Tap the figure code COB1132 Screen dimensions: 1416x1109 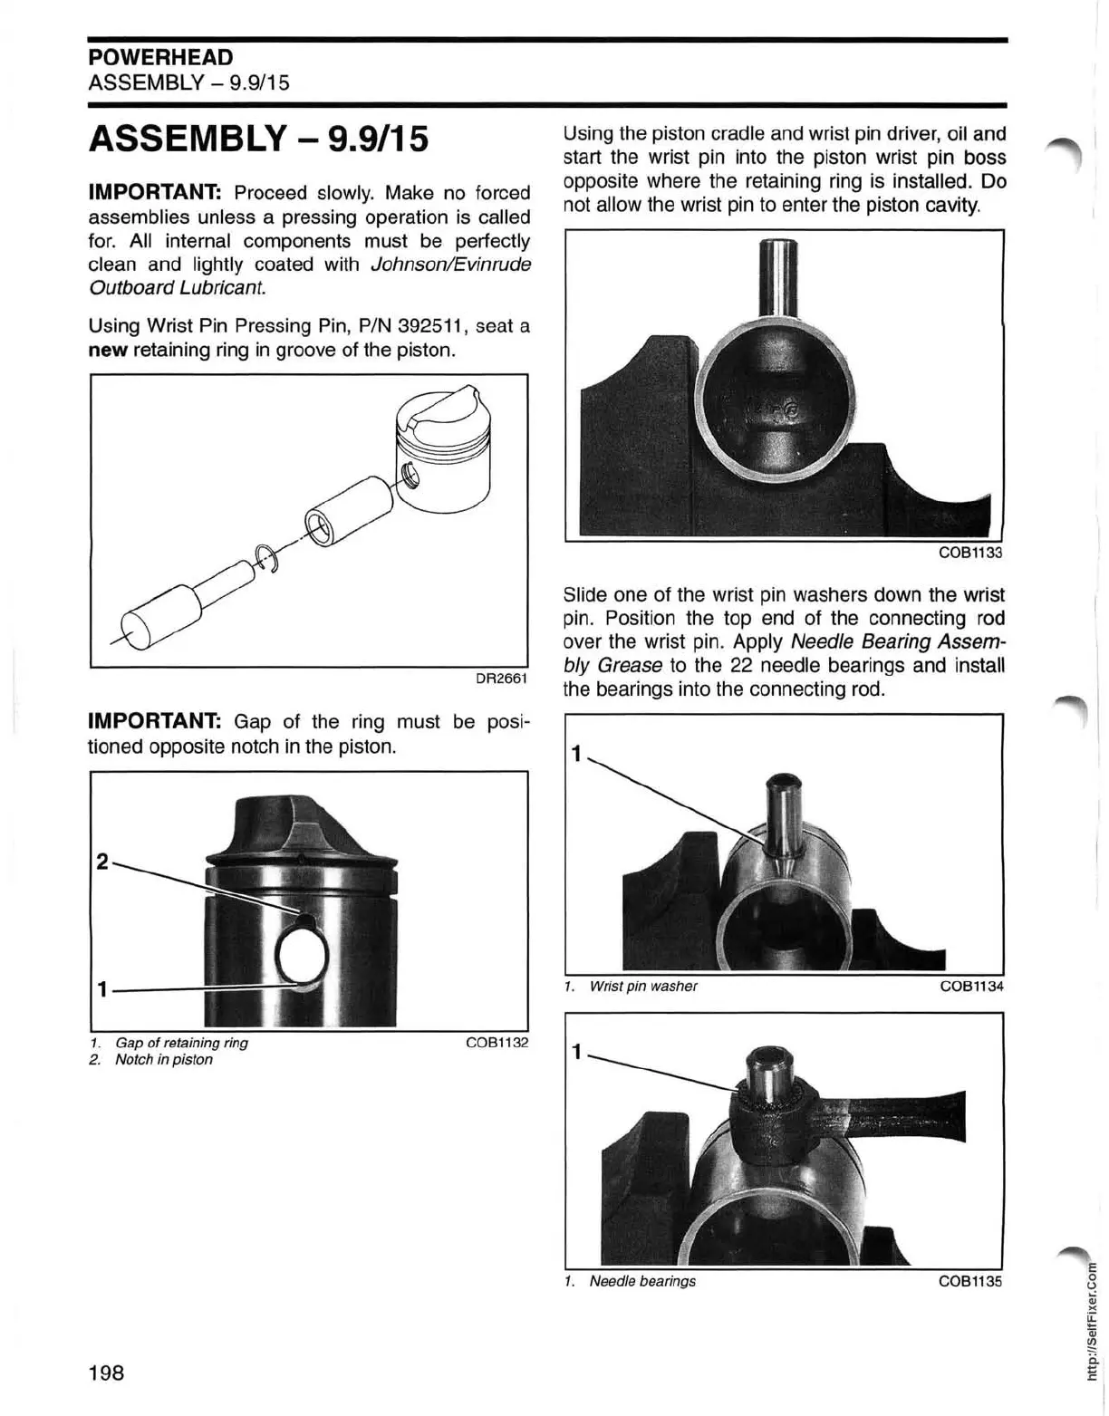(x=496, y=1043)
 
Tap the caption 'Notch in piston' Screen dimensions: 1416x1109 (x=163, y=1060)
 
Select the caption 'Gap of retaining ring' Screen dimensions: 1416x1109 (x=181, y=1043)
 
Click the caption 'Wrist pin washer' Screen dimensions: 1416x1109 (x=642, y=986)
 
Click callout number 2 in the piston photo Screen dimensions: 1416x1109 (x=102, y=862)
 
